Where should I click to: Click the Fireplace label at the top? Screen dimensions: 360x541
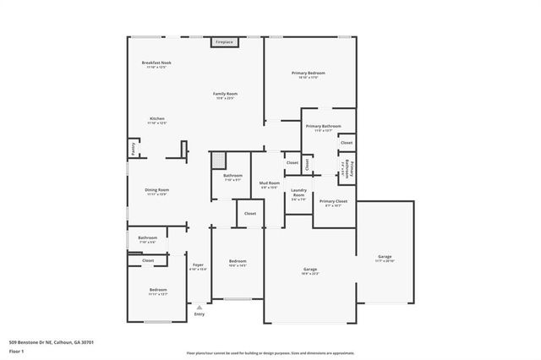tap(224, 41)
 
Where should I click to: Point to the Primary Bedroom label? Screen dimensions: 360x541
tap(309, 74)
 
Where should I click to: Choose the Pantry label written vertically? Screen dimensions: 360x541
tap(134, 149)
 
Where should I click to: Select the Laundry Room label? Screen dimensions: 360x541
tap(298, 193)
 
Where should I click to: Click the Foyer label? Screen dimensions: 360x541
tap(199, 265)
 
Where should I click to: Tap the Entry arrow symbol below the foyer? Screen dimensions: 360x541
tap(199, 307)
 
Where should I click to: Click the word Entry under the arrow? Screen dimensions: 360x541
tap(199, 314)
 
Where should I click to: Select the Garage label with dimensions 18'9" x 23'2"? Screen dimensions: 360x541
tap(310, 270)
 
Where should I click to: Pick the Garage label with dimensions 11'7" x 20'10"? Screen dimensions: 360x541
tap(385, 257)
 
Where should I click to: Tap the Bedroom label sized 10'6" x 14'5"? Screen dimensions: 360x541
tap(238, 262)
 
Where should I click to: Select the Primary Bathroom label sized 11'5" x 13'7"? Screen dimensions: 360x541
tap(328, 127)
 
